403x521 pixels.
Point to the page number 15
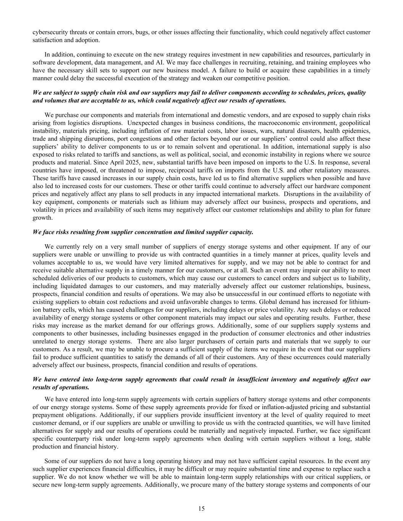point(201,508)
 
